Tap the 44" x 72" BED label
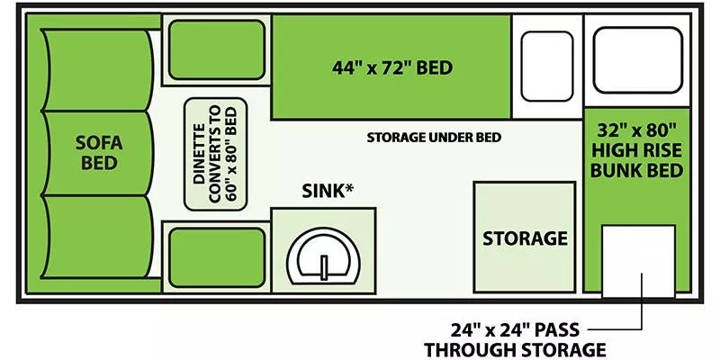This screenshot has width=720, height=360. coord(392,68)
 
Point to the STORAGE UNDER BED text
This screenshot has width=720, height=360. coord(434,138)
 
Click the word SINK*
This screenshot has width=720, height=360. coord(325,191)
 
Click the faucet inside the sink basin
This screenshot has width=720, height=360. coord(324,266)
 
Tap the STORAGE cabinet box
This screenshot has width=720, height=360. coord(525,238)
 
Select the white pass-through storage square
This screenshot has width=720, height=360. coord(639,261)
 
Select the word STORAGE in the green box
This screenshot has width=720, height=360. coord(525,238)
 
